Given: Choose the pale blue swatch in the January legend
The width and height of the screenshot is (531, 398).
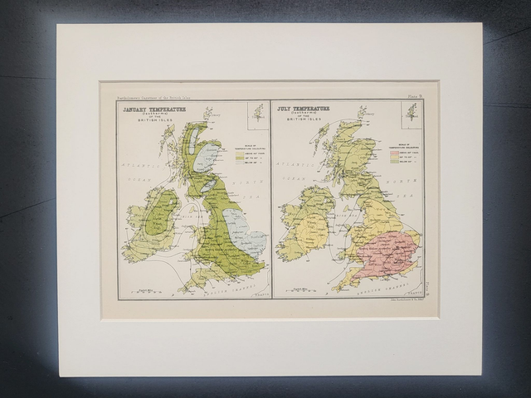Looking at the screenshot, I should [x=241, y=161].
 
